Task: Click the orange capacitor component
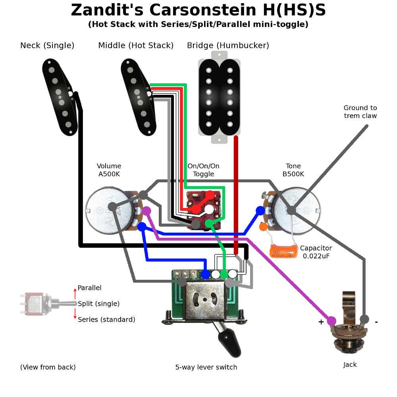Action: (283, 251)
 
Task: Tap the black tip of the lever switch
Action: (231, 344)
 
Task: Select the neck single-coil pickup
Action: (60, 97)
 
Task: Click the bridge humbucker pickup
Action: (219, 98)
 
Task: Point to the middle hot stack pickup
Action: (138, 97)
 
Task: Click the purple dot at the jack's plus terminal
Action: (331, 321)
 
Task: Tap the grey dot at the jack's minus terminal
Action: (364, 319)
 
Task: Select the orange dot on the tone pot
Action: (263, 227)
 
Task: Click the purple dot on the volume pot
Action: (146, 210)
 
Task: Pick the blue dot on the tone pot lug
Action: (260, 210)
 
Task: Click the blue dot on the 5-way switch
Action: (205, 274)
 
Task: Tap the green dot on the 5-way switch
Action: (224, 274)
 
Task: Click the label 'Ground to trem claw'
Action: (360, 112)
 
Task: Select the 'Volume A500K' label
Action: (109, 170)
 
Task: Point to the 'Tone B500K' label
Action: (293, 170)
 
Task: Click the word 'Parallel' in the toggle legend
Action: (89, 288)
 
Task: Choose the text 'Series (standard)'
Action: (106, 320)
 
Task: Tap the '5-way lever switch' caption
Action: (206, 367)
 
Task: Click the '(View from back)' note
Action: (48, 367)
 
